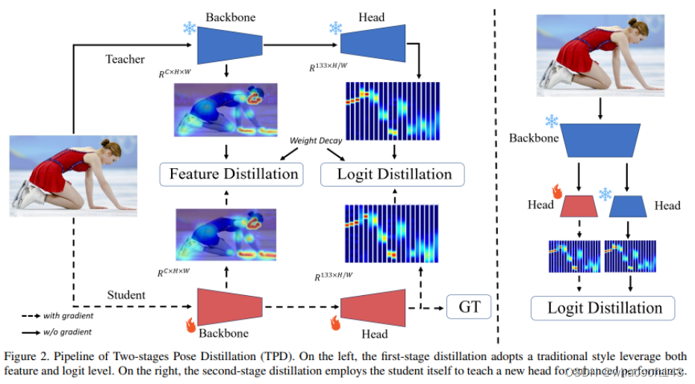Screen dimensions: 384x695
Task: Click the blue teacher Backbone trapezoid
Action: pos(230,44)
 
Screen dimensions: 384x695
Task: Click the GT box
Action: pos(470,306)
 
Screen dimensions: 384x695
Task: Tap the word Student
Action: pos(126,295)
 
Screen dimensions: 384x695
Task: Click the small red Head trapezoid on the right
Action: pos(578,206)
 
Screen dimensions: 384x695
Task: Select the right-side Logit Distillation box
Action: pos(602,308)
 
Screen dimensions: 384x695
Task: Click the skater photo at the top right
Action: pos(599,58)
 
